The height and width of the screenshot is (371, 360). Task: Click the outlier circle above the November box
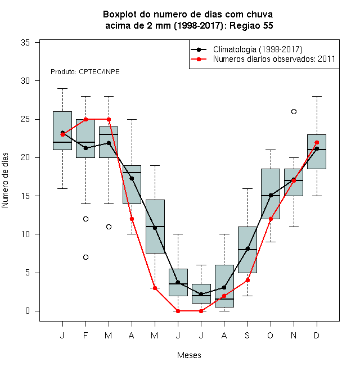click(294, 112)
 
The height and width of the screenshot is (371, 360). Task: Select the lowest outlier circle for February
click(85, 257)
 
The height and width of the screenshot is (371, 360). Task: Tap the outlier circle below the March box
click(109, 227)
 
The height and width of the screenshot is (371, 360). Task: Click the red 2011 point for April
click(132, 219)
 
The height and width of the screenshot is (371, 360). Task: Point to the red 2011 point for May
click(155, 288)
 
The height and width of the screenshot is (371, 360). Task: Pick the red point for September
click(247, 280)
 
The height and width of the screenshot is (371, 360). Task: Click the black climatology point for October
click(271, 196)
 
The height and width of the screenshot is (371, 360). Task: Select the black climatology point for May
click(155, 228)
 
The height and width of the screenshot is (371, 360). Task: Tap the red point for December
click(317, 142)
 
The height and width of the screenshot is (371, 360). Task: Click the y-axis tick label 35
click(25, 43)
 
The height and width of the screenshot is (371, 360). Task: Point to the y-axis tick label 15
click(25, 196)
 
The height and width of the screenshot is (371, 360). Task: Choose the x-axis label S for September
click(247, 335)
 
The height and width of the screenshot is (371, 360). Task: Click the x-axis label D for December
click(317, 335)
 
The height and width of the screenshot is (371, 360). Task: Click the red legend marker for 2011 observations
click(199, 59)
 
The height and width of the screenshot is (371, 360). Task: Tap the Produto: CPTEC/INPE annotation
click(85, 72)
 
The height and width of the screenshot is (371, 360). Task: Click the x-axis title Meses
click(189, 355)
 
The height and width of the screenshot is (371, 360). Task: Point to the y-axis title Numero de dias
click(5, 180)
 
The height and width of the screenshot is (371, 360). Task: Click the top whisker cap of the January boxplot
click(62, 88)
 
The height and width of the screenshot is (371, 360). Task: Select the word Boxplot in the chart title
click(120, 15)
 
